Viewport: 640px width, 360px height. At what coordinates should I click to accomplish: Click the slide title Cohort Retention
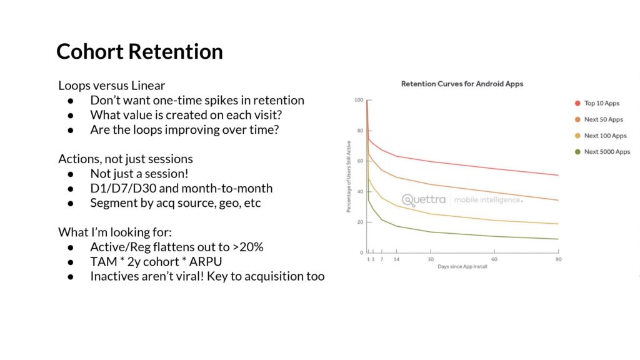[x=139, y=52]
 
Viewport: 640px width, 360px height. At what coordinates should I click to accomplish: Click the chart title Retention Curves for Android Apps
[x=462, y=84]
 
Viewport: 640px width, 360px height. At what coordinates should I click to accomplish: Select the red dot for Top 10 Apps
[x=577, y=103]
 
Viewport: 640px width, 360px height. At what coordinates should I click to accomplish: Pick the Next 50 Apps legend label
[x=603, y=119]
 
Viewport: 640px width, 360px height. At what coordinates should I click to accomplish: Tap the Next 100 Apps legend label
[x=605, y=136]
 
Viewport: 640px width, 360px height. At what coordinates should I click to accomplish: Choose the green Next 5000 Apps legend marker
[x=577, y=152]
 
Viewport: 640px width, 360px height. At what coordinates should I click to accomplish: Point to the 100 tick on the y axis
[x=359, y=100]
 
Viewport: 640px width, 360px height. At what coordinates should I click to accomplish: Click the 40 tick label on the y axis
[x=360, y=192]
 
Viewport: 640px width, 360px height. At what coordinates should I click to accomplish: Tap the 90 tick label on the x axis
[x=558, y=259]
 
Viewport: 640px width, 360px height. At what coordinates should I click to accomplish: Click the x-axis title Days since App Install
[x=462, y=266]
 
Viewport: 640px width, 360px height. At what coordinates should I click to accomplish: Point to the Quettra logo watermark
[x=424, y=200]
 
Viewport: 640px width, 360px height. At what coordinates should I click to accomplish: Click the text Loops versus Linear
[x=111, y=86]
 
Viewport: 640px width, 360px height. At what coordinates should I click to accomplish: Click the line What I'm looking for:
[x=115, y=232]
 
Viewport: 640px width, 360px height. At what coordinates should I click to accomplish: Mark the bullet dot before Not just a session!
[x=71, y=174]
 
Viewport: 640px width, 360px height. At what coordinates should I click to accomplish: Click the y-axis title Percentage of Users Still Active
[x=349, y=176]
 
